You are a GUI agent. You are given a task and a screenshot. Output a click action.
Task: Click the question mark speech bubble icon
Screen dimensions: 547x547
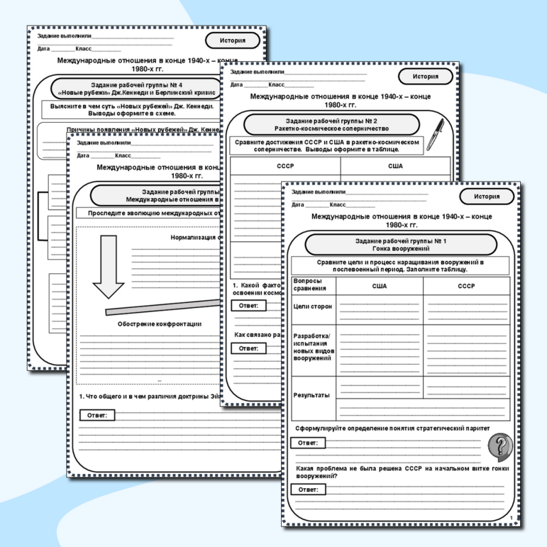pos(499,446)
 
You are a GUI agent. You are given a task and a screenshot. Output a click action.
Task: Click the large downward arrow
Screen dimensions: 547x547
pos(109,266)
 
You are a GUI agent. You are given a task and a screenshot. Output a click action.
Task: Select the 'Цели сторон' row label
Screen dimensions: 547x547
pos(312,306)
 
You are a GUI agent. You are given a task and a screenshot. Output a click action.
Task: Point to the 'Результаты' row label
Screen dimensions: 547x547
pos(311,395)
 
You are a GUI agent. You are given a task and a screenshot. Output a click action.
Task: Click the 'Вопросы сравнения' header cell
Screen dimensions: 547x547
pos(310,285)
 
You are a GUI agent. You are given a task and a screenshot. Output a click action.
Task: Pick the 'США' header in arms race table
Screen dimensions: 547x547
pos(380,286)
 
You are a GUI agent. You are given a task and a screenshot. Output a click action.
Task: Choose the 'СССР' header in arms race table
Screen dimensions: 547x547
pos(466,286)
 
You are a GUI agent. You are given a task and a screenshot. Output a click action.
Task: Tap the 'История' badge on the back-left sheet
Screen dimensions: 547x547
pos(233,40)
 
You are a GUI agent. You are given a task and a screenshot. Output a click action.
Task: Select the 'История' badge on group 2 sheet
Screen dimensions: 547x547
pos(425,77)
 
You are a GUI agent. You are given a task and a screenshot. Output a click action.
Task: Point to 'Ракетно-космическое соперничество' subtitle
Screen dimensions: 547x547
pos(331,129)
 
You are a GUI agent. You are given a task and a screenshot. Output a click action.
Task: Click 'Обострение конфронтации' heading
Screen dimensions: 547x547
pos(159,324)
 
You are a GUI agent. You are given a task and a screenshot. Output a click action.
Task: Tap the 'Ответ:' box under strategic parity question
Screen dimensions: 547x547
pos(308,443)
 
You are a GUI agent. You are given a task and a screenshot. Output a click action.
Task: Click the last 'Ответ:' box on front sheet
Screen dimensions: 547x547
pos(308,490)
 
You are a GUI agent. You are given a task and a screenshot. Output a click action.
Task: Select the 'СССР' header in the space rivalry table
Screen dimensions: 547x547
pos(284,165)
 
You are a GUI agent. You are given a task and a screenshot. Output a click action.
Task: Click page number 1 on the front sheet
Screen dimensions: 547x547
pos(511,518)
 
